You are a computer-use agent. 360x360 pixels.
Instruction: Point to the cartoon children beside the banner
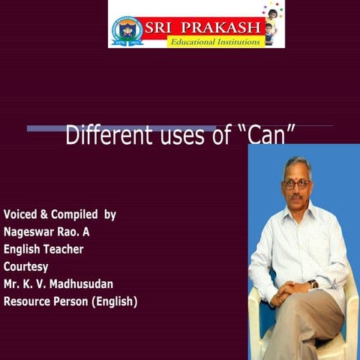(272, 22)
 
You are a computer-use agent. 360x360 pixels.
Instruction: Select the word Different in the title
(106, 136)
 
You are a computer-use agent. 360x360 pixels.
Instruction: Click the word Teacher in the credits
(63, 249)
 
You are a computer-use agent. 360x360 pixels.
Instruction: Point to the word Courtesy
(25, 266)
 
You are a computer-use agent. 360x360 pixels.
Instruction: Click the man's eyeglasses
(297, 183)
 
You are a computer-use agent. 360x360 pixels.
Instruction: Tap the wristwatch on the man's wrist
(313, 283)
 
